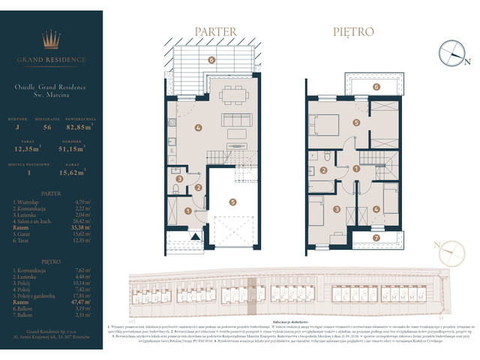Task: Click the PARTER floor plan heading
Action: point(216,32)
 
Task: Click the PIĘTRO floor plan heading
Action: point(353,32)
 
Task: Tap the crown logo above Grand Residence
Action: point(52,38)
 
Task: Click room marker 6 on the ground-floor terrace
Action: point(211,59)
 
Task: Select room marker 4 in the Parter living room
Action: point(197,127)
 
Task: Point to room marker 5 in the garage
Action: point(233,201)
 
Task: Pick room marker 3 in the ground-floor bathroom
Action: point(179,179)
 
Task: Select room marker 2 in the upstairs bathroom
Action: point(323,171)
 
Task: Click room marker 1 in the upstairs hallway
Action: point(357,170)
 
